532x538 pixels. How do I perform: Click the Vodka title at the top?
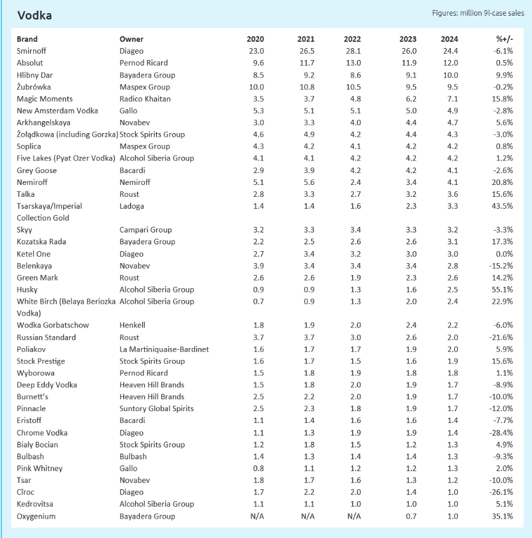[x=34, y=16]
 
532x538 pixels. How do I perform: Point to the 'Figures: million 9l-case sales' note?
[x=478, y=13]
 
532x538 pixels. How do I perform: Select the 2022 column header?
[x=352, y=39]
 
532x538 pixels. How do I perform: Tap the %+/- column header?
[x=505, y=39]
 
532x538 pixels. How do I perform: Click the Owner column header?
[x=131, y=39]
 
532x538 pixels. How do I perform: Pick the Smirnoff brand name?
[x=31, y=51]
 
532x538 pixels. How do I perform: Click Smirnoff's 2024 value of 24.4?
[x=450, y=51]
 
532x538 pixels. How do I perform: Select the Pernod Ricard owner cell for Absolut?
[x=144, y=62]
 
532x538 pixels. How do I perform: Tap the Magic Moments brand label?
[x=44, y=99]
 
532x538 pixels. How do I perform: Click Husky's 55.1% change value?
[x=502, y=289]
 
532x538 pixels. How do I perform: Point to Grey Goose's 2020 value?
[x=259, y=171]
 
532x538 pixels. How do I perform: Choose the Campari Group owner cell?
[x=145, y=230]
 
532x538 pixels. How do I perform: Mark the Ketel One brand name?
[x=34, y=254]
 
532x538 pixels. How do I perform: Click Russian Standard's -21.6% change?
[x=501, y=337]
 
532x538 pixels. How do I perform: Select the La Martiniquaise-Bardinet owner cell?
[x=164, y=349]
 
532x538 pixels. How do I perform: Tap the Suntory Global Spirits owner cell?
[x=157, y=409]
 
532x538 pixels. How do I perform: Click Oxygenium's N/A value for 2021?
[x=308, y=516]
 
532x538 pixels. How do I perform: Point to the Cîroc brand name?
[x=26, y=492]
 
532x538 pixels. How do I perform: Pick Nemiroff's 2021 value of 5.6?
[x=309, y=182]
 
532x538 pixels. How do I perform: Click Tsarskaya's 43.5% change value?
[x=502, y=206]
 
